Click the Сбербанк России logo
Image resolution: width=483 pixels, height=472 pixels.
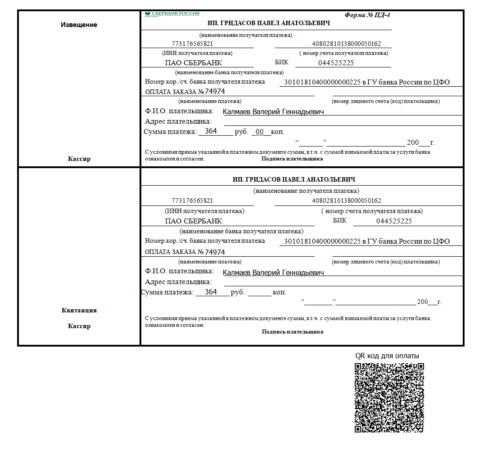point(172,14)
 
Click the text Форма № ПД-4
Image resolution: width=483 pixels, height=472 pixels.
point(367,15)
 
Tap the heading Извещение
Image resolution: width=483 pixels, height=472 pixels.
point(79,25)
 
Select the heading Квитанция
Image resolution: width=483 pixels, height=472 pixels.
point(79,310)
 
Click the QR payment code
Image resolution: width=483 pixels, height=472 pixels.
point(389,397)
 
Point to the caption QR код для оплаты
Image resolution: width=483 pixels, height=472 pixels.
point(387,356)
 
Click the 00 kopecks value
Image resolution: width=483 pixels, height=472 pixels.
point(259,132)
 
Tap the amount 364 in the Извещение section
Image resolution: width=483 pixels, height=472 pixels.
point(211,131)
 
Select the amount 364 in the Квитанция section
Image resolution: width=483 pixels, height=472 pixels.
point(211,292)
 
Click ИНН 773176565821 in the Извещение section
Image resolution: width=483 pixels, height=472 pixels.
point(192,44)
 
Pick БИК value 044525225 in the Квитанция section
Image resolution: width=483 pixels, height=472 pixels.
point(394,221)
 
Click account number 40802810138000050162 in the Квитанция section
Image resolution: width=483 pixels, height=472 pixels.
point(346,200)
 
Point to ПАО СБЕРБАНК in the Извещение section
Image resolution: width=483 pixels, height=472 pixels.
point(194,63)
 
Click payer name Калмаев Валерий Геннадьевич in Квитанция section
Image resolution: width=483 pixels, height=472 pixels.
point(274,272)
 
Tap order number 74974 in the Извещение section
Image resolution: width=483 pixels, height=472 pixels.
point(214,92)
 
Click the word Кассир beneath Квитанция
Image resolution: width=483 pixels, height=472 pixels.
point(79,326)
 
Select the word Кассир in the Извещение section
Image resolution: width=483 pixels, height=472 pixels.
point(79,159)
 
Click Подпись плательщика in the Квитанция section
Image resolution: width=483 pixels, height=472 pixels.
point(293,332)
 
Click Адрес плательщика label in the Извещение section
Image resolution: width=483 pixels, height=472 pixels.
point(178,121)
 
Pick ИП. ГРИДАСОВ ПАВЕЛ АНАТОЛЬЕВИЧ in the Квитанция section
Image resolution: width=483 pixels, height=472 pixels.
point(294,179)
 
